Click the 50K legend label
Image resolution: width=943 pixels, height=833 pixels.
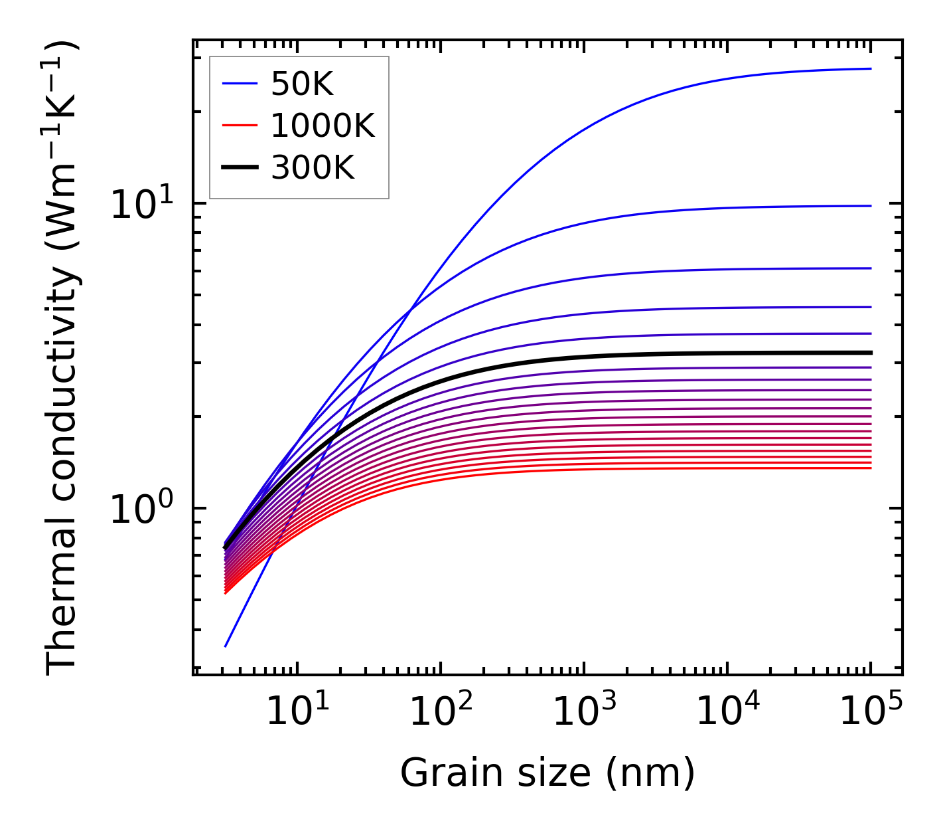(x=302, y=84)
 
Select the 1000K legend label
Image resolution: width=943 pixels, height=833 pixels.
(x=323, y=126)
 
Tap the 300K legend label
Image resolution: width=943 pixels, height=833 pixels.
(x=313, y=168)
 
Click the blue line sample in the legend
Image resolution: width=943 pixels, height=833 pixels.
(x=239, y=84)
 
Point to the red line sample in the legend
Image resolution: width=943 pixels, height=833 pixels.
(x=239, y=126)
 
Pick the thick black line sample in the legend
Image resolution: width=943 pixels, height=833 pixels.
(x=239, y=168)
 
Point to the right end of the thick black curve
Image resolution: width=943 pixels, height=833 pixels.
(x=870, y=353)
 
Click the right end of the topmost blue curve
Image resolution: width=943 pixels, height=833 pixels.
(x=870, y=68)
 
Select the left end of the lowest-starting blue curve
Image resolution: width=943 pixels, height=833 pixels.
(x=226, y=646)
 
